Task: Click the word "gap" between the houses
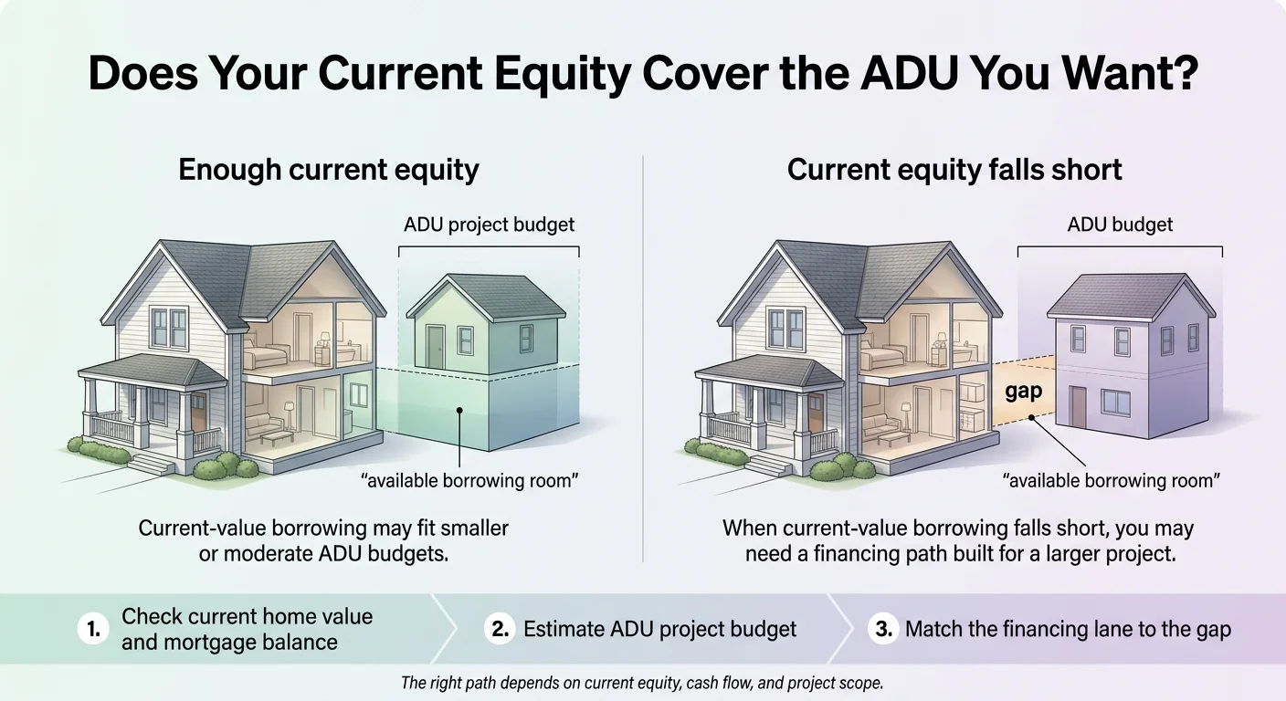[x=1023, y=391]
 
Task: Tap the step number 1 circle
[x=93, y=630]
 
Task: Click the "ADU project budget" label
[x=489, y=225]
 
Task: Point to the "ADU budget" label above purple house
[x=1120, y=225]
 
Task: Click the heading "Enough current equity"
[x=329, y=170]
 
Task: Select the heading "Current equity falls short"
[x=954, y=170]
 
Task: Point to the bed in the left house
[x=271, y=355]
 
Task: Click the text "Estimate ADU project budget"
[x=659, y=630]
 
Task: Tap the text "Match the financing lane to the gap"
[x=1068, y=630]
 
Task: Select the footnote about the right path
[x=642, y=683]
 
